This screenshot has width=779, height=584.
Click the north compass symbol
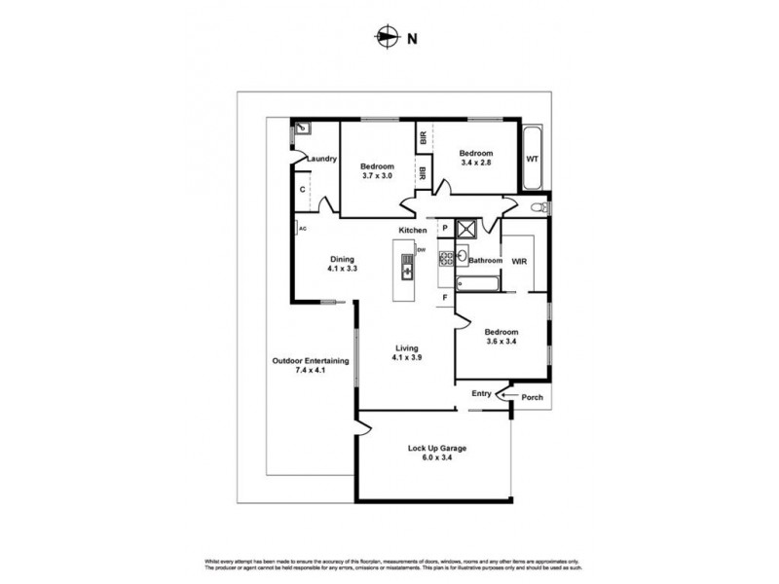click(388, 39)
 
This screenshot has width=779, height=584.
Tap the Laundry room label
click(322, 160)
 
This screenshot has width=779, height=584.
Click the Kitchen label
click(412, 230)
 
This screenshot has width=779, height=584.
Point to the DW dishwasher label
click(422, 250)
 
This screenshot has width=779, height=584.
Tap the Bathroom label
click(485, 261)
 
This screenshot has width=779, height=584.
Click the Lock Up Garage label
click(437, 449)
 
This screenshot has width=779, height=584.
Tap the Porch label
click(532, 396)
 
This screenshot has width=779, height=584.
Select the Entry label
click(481, 393)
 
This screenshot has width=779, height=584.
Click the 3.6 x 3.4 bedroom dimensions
click(502, 341)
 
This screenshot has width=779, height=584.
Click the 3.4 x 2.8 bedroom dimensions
click(476, 164)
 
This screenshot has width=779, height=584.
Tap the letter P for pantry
click(444, 228)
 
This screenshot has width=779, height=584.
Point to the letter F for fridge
click(444, 296)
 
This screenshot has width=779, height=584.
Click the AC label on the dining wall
click(303, 228)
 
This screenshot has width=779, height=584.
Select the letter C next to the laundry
click(303, 189)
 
